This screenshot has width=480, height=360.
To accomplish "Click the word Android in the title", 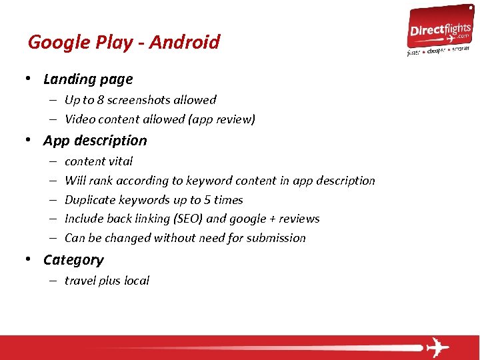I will tap(184, 43).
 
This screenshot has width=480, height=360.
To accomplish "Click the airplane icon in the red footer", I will tap(437, 347).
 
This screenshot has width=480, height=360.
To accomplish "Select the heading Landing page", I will tap(88, 79).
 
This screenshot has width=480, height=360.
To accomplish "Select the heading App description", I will tap(95, 141).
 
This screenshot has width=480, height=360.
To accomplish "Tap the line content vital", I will tap(99, 161).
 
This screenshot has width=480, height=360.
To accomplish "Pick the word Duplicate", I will tap(89, 200).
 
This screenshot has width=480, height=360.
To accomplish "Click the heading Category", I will tap(73, 260).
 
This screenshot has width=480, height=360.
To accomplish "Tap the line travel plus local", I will tap(107, 281).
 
